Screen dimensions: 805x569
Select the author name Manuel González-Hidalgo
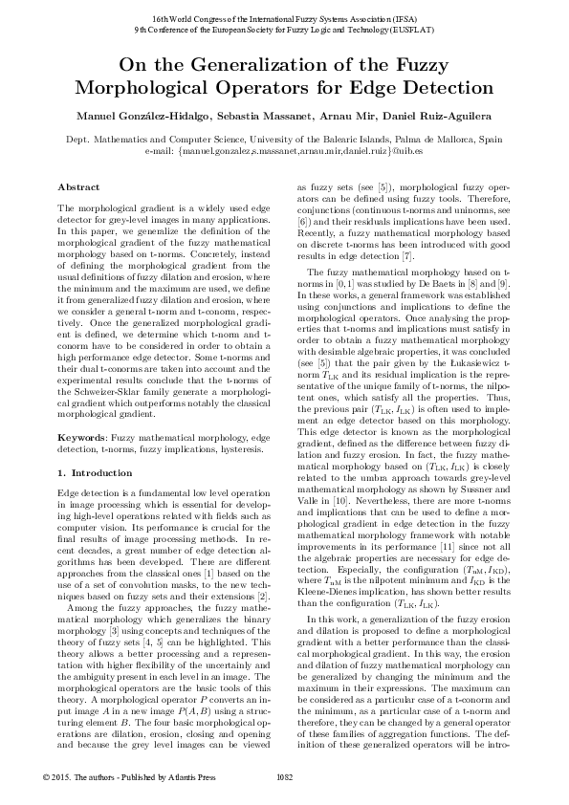133,116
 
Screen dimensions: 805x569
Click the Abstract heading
78,186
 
